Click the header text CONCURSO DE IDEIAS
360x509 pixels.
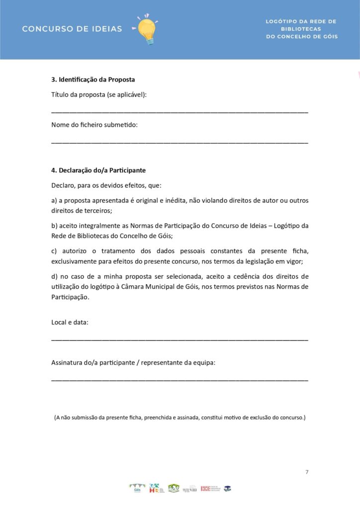click(x=72, y=29)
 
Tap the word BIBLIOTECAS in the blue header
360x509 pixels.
click(x=301, y=29)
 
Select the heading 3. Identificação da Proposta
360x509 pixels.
click(x=93, y=80)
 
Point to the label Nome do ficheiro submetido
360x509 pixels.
click(x=94, y=125)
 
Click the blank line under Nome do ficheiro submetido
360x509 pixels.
click(x=180, y=143)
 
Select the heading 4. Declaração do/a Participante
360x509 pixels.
click(x=98, y=170)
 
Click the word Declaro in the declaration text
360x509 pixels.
click(x=63, y=185)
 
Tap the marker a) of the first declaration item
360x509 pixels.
click(x=54, y=201)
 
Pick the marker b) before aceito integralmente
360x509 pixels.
click(x=54, y=226)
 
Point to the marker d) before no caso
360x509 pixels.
click(x=54, y=276)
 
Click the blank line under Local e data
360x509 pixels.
click(x=180, y=339)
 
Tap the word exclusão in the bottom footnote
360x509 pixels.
click(x=261, y=418)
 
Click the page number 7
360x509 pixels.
click(x=306, y=472)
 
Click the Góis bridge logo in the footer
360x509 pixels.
click(x=137, y=489)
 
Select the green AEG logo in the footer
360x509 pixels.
click(x=174, y=488)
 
